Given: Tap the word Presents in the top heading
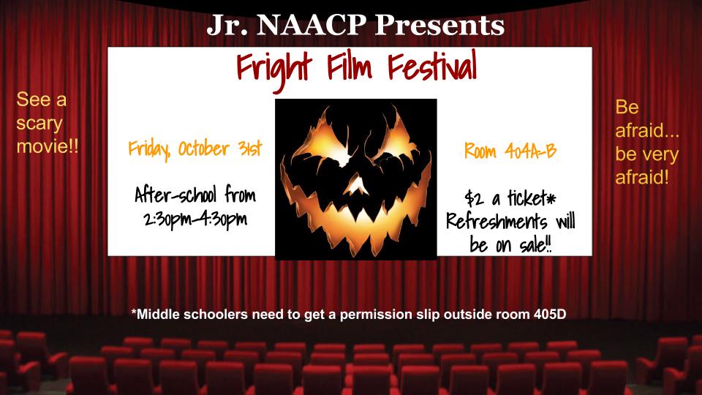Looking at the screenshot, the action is (x=439, y=25).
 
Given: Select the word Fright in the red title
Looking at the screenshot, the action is (x=273, y=69).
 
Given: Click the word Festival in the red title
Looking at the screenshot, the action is (x=432, y=67).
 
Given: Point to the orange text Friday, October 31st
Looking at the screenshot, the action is (x=195, y=148).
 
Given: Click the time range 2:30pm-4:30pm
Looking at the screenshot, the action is (x=195, y=220).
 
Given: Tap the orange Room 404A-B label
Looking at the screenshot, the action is (x=510, y=151).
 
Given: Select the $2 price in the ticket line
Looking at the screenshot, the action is (x=474, y=198).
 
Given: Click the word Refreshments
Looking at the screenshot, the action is (x=497, y=221).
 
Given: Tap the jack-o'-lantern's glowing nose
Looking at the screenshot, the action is (x=358, y=185).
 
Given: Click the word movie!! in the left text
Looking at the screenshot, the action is (x=48, y=146).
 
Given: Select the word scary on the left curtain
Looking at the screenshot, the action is (x=39, y=123).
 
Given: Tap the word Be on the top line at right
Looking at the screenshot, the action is (x=627, y=107).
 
